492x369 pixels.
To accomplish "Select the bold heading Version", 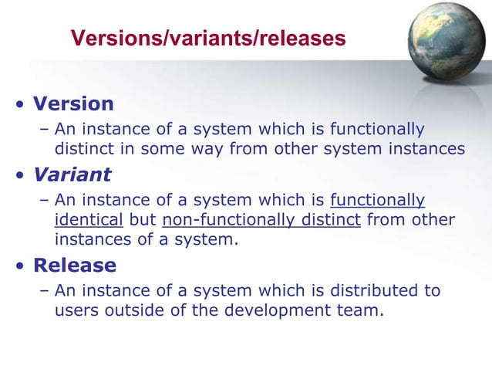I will [73, 103].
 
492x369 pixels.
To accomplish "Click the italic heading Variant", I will [72, 174].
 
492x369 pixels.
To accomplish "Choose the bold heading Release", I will [75, 266].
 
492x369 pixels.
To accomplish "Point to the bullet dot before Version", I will [19, 104].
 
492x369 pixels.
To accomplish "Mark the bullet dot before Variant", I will [19, 174].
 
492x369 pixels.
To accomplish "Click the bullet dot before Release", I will [19, 266].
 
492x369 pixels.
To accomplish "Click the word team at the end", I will [362, 311].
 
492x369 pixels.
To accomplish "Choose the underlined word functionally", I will [377, 201].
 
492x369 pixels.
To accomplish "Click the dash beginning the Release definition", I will [44, 290].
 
